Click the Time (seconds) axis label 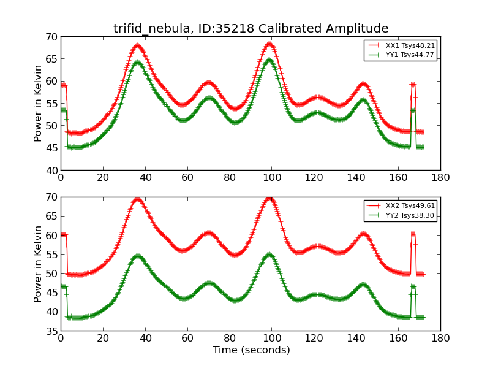(251, 350)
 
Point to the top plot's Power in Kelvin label (38, 103)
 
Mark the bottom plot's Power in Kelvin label (38, 264)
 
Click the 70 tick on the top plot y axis (51, 37)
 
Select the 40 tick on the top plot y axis (51, 170)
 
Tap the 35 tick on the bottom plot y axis (51, 331)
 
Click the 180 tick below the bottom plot (440, 338)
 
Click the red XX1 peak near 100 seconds (269, 44)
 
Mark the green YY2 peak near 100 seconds (269, 254)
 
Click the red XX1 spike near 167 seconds (413, 85)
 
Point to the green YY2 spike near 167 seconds (413, 286)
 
